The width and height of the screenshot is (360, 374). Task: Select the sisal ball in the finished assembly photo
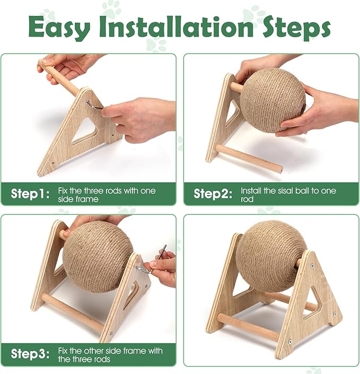pyautogui.click(x=271, y=256)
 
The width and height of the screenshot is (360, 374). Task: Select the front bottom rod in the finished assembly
pyautogui.click(x=248, y=326)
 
